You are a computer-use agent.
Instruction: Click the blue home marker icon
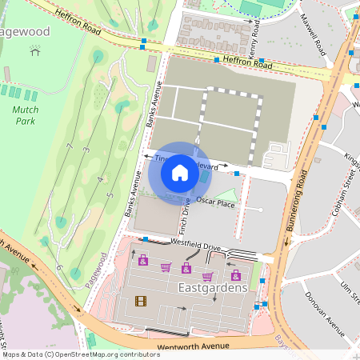180,173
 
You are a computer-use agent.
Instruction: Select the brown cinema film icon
142,301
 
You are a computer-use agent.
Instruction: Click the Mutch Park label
26,114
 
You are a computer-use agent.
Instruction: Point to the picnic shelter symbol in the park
34,50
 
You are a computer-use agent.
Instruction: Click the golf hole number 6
59,266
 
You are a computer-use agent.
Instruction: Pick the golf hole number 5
109,194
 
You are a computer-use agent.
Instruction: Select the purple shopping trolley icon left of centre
166,267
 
